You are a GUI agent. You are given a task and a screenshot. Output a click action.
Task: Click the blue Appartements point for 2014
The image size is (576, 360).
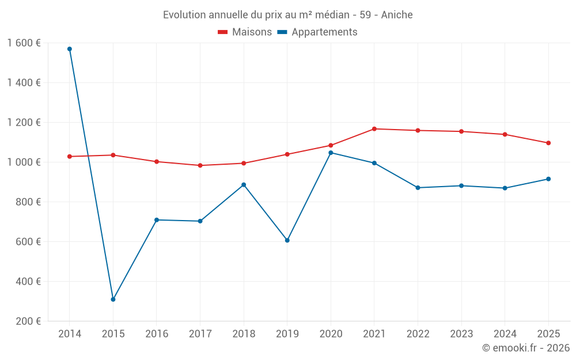pos(70,49)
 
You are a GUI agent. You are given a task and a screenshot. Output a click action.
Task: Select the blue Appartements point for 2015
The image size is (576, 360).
pos(113,300)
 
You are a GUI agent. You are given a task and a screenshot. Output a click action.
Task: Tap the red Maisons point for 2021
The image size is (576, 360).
pos(374,129)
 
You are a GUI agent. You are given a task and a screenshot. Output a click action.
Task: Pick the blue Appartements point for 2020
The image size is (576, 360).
pos(331,153)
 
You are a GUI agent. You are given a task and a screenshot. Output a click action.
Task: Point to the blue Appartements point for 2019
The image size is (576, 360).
pos(287,240)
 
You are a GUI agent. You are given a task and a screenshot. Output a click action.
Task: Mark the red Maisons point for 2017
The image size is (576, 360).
pos(200,165)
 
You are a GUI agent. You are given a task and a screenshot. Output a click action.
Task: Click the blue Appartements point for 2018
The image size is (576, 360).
pos(244,185)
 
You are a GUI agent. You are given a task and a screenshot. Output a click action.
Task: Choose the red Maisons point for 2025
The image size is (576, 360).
pos(548,143)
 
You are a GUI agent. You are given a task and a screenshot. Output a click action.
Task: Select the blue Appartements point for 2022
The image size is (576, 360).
pos(418,188)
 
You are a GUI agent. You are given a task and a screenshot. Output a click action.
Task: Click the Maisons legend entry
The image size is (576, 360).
pos(245,32)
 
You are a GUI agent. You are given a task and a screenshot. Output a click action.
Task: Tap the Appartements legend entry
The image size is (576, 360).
pos(317,32)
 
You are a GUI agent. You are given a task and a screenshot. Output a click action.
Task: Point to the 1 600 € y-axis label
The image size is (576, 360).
pos(24,43)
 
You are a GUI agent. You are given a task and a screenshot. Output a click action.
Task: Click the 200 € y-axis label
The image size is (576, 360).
pos(28,321)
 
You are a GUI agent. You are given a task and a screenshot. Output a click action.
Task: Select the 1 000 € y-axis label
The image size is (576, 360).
pos(24,162)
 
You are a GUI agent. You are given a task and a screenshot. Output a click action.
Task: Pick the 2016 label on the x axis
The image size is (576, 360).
pos(157,334)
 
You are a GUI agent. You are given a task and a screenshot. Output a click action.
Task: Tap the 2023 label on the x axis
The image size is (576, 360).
pos(461,334)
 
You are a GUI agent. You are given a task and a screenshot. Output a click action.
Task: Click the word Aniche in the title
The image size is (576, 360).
pos(397,15)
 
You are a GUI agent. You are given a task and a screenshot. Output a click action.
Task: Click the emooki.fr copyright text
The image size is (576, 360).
pos(526,348)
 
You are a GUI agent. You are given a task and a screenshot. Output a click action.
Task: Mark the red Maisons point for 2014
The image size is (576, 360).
pos(70,157)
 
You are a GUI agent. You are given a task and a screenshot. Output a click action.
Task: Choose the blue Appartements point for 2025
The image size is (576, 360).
pos(548,179)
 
